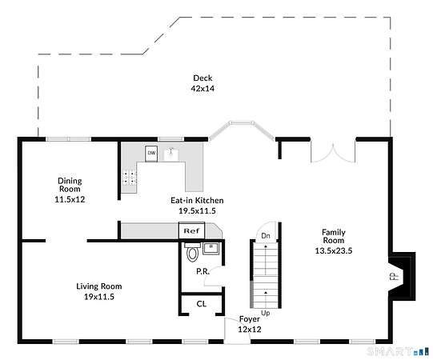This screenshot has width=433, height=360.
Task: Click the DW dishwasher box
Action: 151,154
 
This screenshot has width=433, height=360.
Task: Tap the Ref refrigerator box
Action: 191,230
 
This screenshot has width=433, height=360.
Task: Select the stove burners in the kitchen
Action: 129,178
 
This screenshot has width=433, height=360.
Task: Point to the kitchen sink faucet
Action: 171,151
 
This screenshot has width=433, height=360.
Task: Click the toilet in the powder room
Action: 192,252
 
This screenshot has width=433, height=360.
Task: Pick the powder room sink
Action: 211,248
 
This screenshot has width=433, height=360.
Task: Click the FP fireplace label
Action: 395,276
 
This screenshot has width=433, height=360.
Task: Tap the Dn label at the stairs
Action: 266,235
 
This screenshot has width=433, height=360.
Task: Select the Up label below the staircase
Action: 266,313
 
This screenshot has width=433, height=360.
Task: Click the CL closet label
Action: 202,304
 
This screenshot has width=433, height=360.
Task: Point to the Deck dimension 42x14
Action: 202,88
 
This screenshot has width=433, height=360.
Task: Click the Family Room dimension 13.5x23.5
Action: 334,250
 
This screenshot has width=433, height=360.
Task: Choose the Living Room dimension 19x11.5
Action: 99,297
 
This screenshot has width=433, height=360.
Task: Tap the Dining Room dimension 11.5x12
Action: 70,199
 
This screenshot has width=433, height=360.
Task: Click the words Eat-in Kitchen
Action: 197,200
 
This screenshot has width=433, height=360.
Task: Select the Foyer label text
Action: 250,319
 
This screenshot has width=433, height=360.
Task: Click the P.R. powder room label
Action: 203,271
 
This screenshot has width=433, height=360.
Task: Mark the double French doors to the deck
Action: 333,154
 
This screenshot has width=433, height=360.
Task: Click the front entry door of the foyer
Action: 237,330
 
